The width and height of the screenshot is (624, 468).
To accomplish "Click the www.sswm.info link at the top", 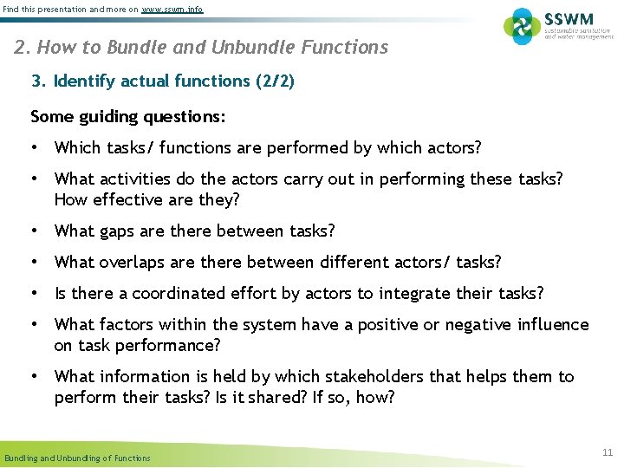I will [172, 9].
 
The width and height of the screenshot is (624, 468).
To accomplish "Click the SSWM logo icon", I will [522, 26].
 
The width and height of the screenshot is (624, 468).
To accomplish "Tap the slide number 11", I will [607, 452].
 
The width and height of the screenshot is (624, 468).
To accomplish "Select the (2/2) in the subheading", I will [275, 81].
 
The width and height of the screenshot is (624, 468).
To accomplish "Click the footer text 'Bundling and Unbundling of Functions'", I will [77, 458].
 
